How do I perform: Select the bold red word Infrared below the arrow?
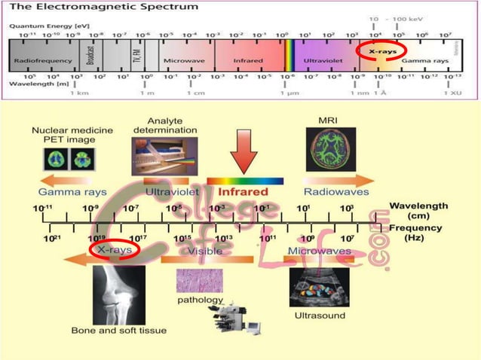pyautogui.click(x=244, y=191)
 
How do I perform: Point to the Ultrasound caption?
pyautogui.click(x=320, y=315)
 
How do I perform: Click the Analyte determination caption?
pyautogui.click(x=164, y=124)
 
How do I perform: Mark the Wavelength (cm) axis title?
pyautogui.click(x=418, y=211)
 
